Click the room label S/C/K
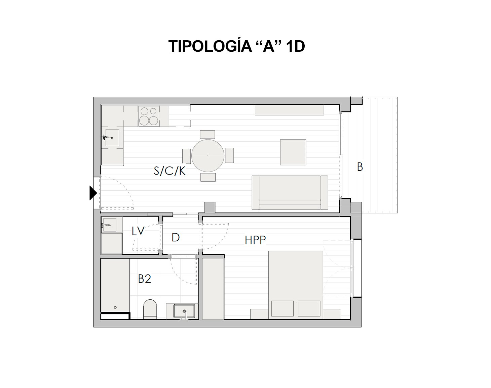[x=169, y=171]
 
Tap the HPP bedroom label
[x=255, y=240]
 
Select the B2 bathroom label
[x=145, y=279]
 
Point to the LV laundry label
[x=138, y=231]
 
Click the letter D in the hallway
[x=176, y=238]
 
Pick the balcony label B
[x=360, y=167]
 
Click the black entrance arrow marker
[x=93, y=193]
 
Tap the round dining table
[x=208, y=156]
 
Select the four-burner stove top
[x=149, y=116]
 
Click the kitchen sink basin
[x=112, y=137]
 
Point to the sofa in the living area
[x=290, y=193]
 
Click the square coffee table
[x=293, y=152]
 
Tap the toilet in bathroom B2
[x=150, y=309]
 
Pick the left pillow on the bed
[x=282, y=308]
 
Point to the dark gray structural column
[x=210, y=207]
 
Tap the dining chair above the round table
[x=207, y=135]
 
